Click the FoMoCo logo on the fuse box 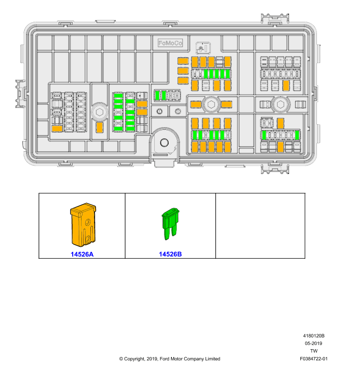[170, 43]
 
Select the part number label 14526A [82, 254]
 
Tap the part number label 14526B [170, 254]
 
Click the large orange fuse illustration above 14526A [83, 224]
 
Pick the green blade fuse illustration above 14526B [170, 224]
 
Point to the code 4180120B [314, 336]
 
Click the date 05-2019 [313, 343]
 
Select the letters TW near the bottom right [314, 351]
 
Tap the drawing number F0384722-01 [314, 358]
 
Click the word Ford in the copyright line [164, 359]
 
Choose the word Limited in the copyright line [213, 359]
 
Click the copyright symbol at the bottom [121, 359]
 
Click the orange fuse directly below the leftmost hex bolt [100, 128]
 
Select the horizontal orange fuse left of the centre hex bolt [196, 104]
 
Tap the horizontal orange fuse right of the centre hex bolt [227, 104]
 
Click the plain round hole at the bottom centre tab [164, 142]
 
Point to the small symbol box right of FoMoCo [203, 48]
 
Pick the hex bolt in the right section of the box [280, 104]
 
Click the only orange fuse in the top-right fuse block [286, 85]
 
